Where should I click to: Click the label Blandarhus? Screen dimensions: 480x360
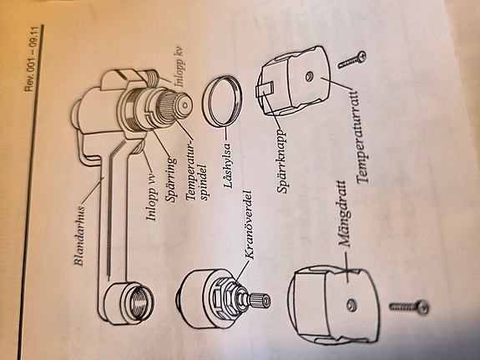click(x=80, y=236)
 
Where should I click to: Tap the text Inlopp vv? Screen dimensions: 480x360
click(x=152, y=198)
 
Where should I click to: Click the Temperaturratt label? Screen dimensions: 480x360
click(x=361, y=136)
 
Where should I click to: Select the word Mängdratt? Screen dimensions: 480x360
click(x=344, y=214)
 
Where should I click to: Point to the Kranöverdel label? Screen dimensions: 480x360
click(x=249, y=226)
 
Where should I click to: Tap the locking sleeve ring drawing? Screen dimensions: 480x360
click(x=223, y=101)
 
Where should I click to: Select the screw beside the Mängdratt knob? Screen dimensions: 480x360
click(x=409, y=307)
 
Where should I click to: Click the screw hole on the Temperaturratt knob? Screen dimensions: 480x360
click(x=309, y=76)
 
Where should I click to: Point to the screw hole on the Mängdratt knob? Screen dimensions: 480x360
click(x=351, y=306)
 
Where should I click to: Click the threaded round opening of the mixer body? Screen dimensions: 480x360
click(x=140, y=302)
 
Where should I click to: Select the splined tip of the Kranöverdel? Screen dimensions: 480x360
click(x=260, y=300)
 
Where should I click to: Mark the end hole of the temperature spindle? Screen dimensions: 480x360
click(x=184, y=105)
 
